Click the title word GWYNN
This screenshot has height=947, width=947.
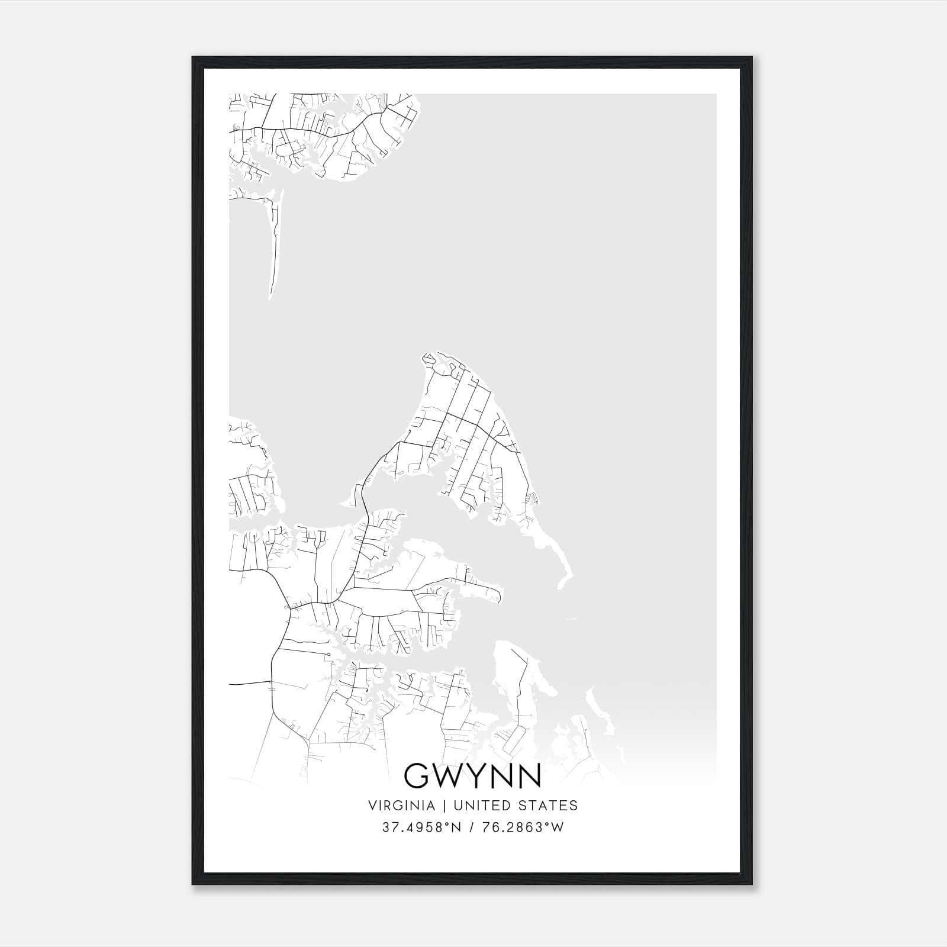472,775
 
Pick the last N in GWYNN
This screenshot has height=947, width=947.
529,775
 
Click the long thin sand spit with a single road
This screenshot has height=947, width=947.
274,249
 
